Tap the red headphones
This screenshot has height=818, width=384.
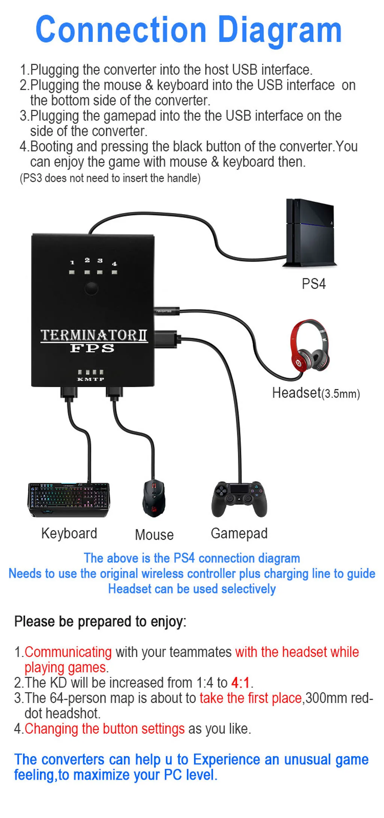[x=310, y=346]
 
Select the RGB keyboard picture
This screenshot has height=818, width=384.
[x=69, y=499]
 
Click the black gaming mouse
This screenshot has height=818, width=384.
[x=154, y=498]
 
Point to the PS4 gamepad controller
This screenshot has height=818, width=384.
[x=239, y=499]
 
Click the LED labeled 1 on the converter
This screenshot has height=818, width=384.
[x=72, y=272]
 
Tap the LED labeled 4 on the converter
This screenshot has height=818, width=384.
[x=114, y=272]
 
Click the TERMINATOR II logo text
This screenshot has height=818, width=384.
[x=94, y=335]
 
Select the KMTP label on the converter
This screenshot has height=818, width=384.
[x=90, y=379]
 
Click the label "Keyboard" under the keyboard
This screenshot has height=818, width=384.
[x=69, y=533]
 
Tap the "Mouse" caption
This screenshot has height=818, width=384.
[x=154, y=535]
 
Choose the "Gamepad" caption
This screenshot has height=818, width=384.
[x=239, y=533]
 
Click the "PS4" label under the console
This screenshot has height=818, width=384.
[x=314, y=284]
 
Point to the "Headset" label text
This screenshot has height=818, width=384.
[x=297, y=393]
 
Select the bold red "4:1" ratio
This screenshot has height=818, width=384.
[x=240, y=682]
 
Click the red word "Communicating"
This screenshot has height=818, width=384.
[x=68, y=652]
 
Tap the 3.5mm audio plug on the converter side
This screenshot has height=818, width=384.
[x=167, y=311]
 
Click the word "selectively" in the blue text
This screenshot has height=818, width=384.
[x=249, y=589]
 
